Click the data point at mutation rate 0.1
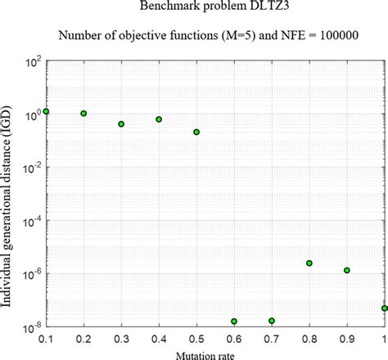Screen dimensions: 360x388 click(47, 110)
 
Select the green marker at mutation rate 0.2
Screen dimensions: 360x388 click(83, 114)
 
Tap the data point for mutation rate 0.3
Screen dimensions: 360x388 click(121, 124)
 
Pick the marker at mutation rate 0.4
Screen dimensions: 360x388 click(159, 119)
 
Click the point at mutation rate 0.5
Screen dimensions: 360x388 click(196, 132)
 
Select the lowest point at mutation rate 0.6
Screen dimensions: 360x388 click(234, 322)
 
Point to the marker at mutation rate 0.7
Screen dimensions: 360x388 click(272, 321)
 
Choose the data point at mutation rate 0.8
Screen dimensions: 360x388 click(309, 263)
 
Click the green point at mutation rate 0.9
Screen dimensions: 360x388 click(347, 270)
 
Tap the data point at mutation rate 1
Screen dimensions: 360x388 click(384, 308)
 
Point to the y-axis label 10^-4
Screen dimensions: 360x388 click(30, 221)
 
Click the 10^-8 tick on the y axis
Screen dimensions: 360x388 click(30, 327)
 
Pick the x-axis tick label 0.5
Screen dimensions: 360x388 click(196, 338)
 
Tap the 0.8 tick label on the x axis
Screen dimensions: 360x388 click(309, 338)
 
